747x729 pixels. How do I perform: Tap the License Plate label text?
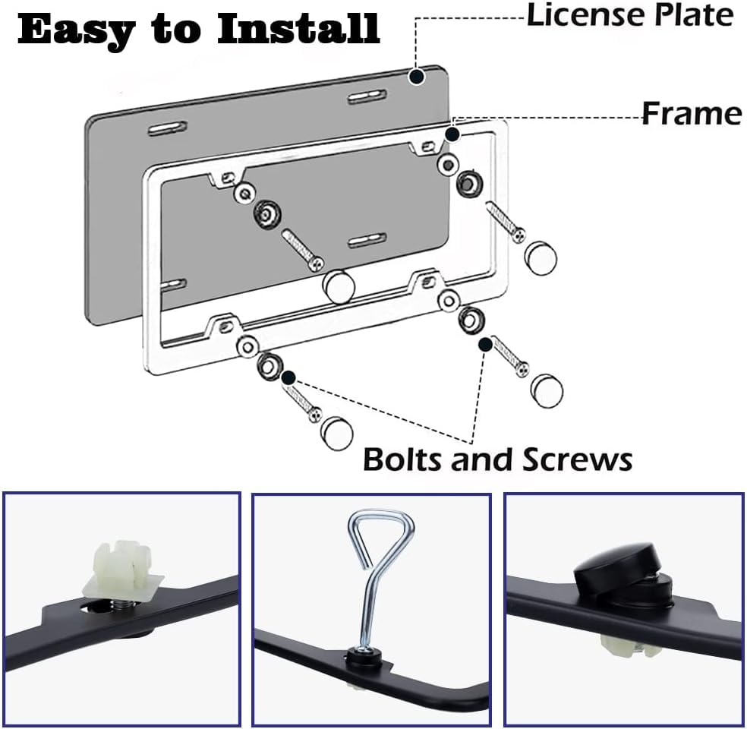click(x=630, y=15)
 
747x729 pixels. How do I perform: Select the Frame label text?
click(x=692, y=114)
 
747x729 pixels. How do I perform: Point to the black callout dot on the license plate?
click(x=416, y=76)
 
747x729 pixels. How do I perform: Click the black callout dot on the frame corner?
click(x=452, y=135)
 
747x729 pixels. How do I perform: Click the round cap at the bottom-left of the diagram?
click(x=337, y=432)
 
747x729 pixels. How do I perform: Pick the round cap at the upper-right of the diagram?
click(x=541, y=259)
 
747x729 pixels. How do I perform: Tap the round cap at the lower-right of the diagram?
click(x=547, y=388)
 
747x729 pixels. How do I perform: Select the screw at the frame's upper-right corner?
click(x=505, y=222)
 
